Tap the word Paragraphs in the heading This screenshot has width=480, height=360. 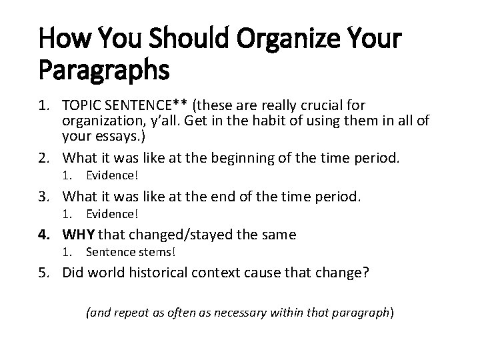pos(105,69)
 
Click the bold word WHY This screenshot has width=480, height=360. pos(79,234)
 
